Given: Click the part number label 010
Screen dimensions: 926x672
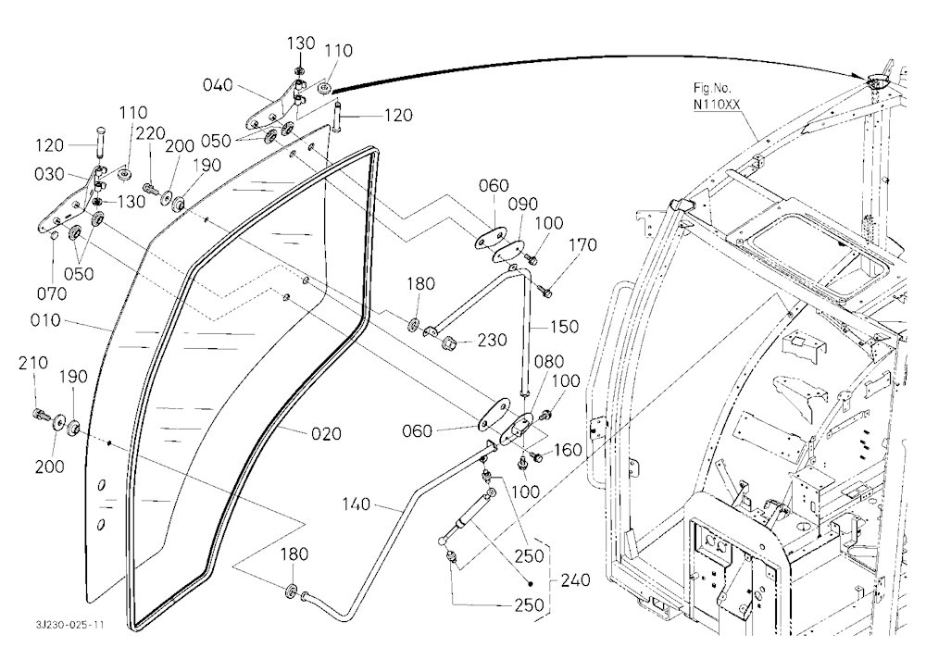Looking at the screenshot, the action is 45,320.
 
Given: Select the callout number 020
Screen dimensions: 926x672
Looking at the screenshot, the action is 327,434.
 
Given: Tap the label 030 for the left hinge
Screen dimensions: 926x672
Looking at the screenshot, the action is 50,174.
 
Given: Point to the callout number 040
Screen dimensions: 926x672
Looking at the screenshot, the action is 218,85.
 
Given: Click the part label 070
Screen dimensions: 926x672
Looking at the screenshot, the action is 52,293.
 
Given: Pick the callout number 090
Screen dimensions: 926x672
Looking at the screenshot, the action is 523,205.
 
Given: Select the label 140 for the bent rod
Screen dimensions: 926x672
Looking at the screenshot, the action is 357,504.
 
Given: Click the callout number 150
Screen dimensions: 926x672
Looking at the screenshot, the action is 564,327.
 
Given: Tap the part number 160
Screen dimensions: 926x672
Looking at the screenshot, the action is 568,450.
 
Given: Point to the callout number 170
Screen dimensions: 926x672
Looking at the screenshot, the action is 582,245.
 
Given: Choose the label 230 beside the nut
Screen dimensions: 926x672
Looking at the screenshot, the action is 493,340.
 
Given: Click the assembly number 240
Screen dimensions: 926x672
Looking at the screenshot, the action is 575,580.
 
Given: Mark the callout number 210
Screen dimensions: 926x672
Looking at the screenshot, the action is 33,363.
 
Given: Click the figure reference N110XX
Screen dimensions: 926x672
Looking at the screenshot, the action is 717,106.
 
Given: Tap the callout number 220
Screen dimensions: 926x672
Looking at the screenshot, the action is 151,134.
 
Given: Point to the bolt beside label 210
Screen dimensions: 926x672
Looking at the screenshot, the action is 42,415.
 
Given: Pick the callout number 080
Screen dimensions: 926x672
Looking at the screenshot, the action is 548,361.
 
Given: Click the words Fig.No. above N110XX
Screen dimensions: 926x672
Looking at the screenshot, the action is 712,89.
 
